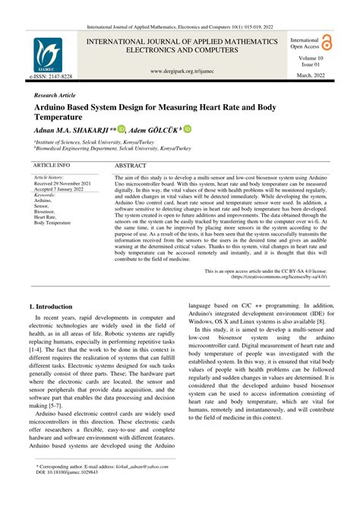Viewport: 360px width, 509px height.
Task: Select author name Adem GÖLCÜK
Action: tap(152, 130)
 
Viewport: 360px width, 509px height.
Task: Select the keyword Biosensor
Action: tap(47, 212)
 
